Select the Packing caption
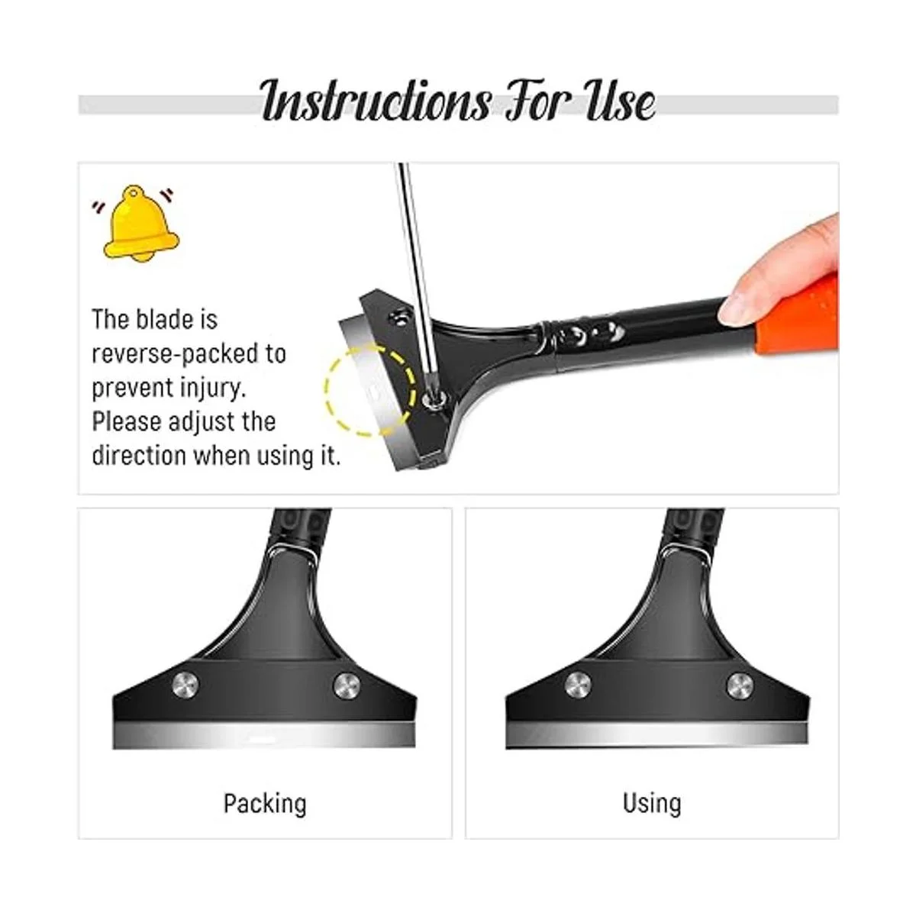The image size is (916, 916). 265,803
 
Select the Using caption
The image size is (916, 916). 652,803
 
